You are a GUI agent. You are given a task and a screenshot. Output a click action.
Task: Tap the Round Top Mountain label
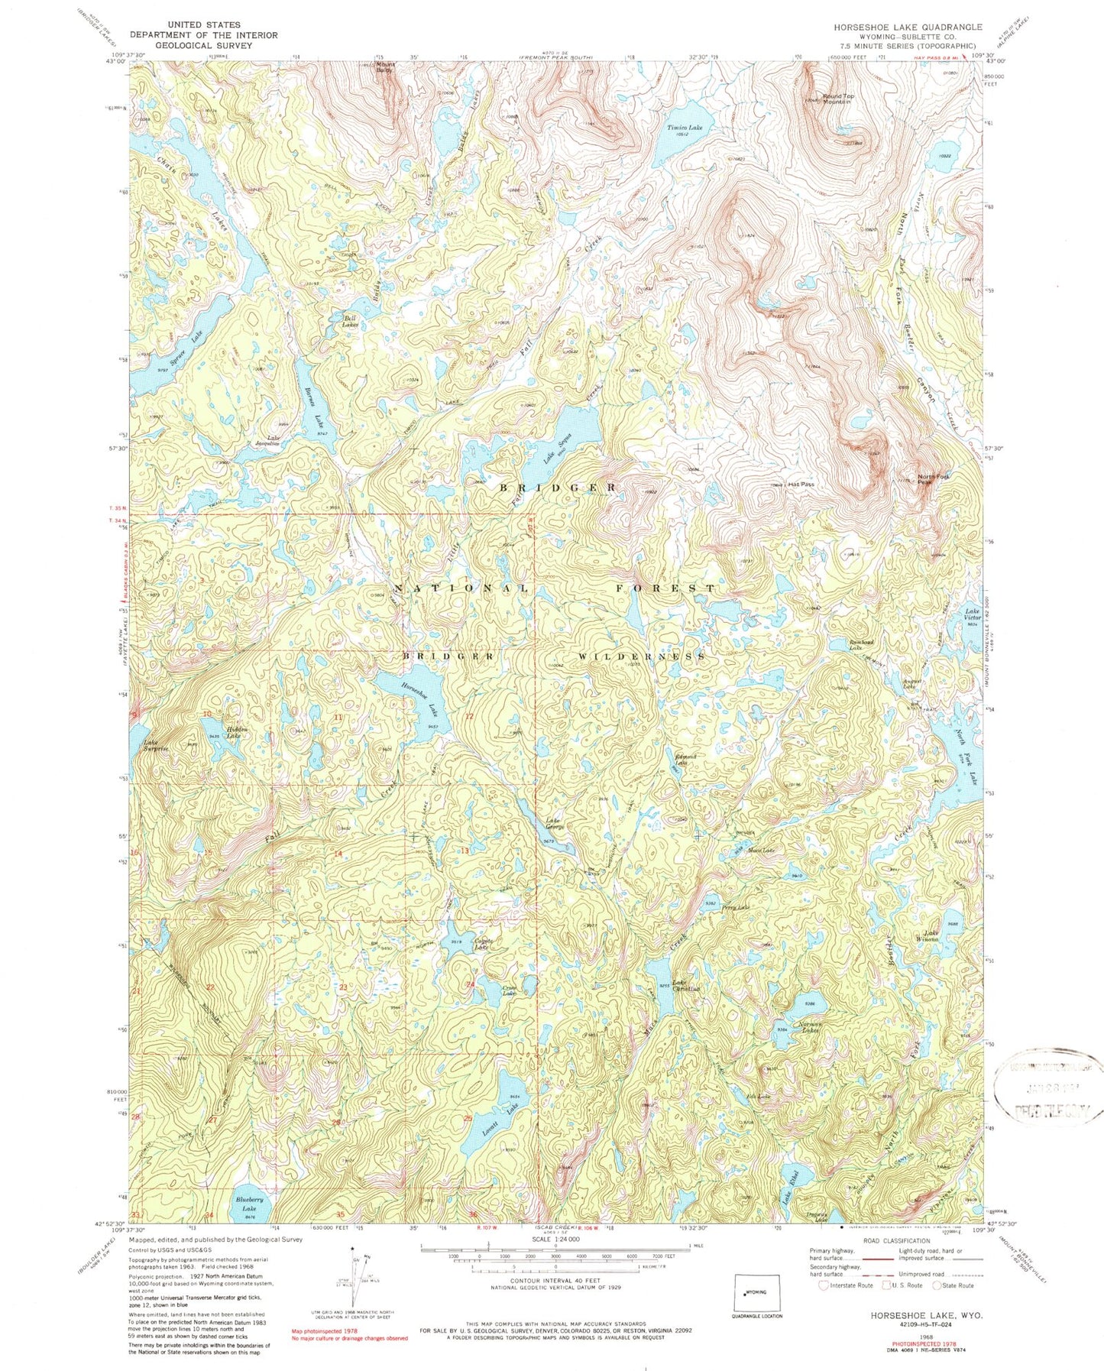[x=838, y=99]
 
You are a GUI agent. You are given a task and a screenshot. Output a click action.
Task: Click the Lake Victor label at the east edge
[x=972, y=614]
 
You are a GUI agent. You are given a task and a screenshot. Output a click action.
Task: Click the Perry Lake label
[x=737, y=908]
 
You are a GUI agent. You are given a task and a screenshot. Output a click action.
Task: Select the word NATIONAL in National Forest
[x=461, y=588]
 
